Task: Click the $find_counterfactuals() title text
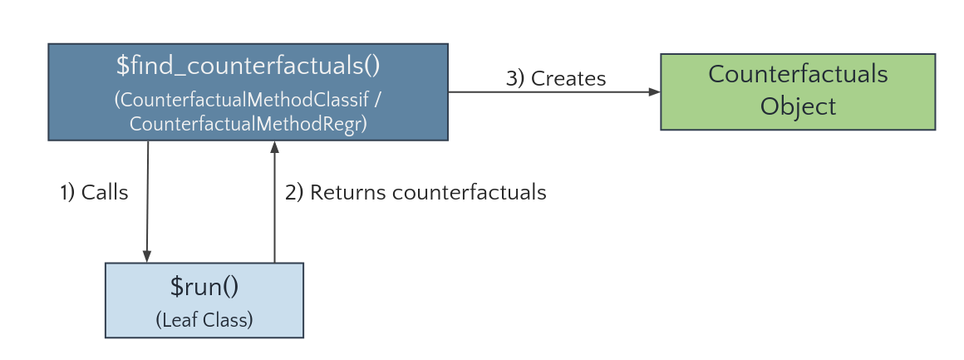pos(248,67)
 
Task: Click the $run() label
pos(204,287)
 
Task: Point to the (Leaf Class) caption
pos(204,318)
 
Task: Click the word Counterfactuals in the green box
pos(798,74)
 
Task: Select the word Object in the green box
pos(798,106)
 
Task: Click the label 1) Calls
pos(94,193)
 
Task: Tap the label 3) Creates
pos(556,79)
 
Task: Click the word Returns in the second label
pos(347,193)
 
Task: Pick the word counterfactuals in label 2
pos(469,193)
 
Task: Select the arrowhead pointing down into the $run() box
pos(147,256)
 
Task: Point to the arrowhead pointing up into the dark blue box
pos(273,147)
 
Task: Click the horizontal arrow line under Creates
pos(548,92)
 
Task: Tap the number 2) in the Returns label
pos(294,193)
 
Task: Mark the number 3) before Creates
pos(515,79)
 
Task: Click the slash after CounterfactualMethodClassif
pos(378,99)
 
